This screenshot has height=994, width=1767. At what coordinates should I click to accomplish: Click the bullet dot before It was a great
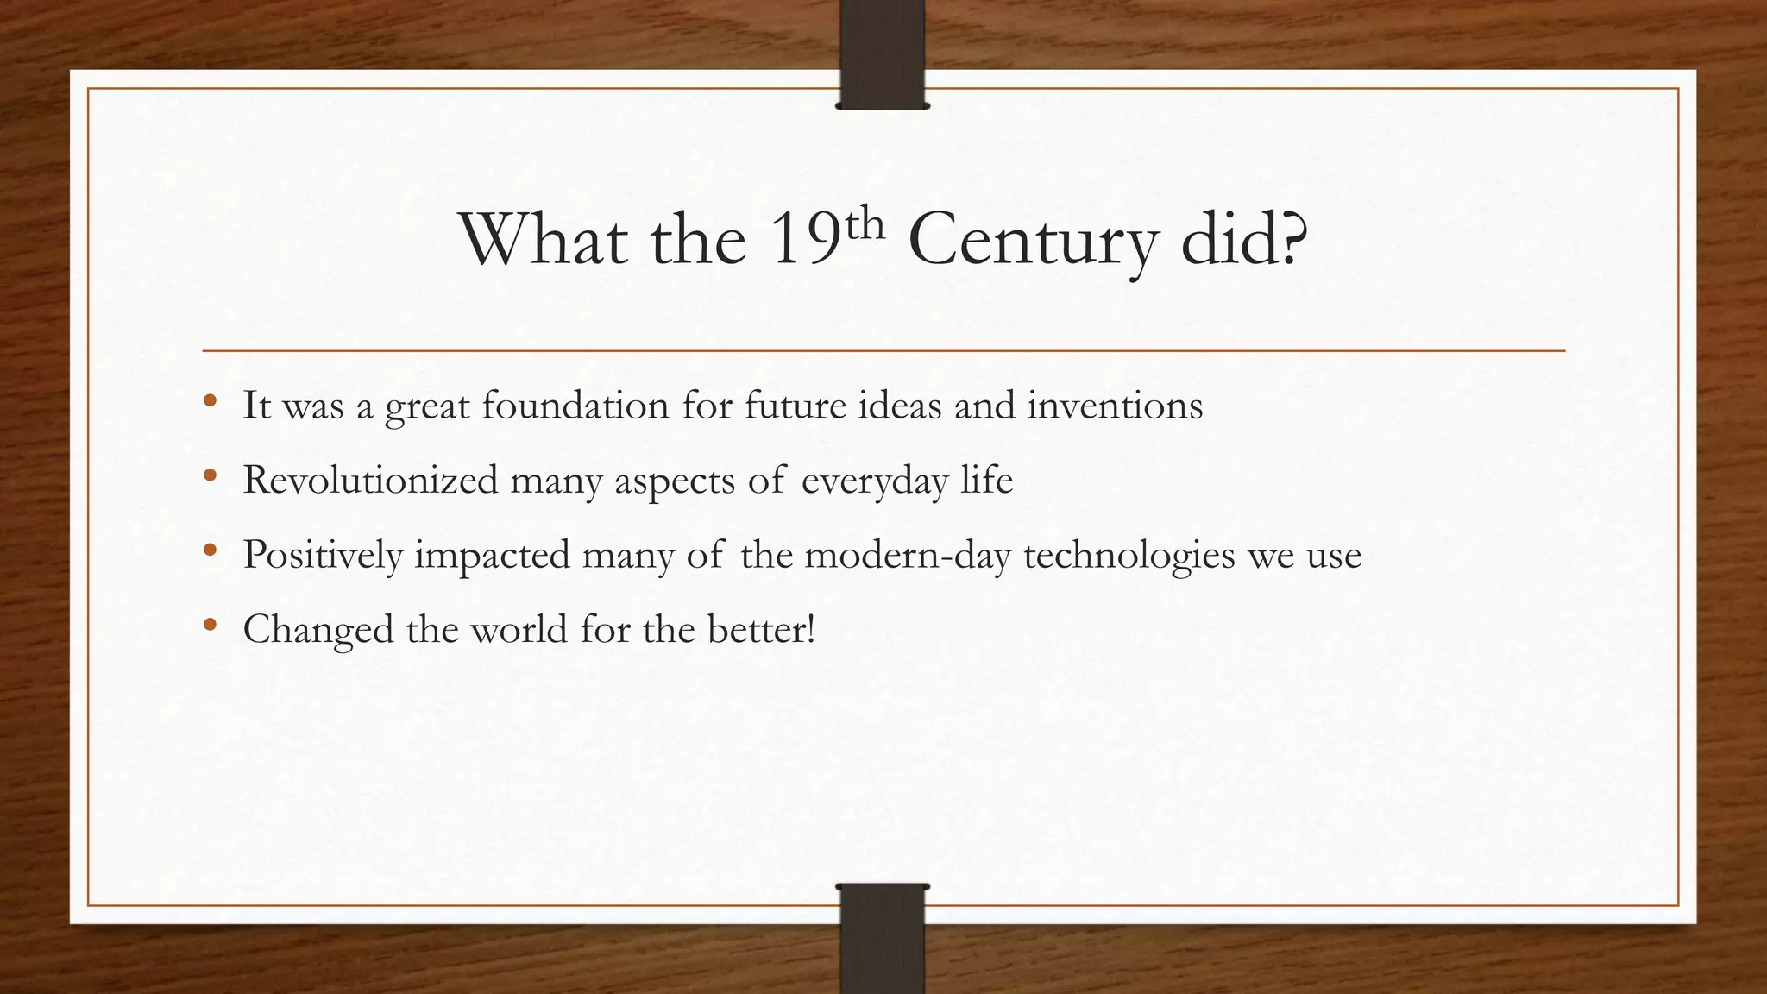point(210,401)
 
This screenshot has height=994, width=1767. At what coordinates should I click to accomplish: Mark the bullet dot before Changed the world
point(210,625)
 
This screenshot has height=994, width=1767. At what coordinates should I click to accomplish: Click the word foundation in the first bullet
point(575,406)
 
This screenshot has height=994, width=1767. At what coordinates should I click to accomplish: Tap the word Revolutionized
point(371,480)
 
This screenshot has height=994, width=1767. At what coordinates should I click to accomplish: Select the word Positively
point(323,555)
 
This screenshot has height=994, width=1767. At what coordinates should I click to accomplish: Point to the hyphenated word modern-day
point(908,555)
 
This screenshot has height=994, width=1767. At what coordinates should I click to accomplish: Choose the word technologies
point(1129,555)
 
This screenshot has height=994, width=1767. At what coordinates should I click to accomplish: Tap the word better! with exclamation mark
point(762,629)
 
